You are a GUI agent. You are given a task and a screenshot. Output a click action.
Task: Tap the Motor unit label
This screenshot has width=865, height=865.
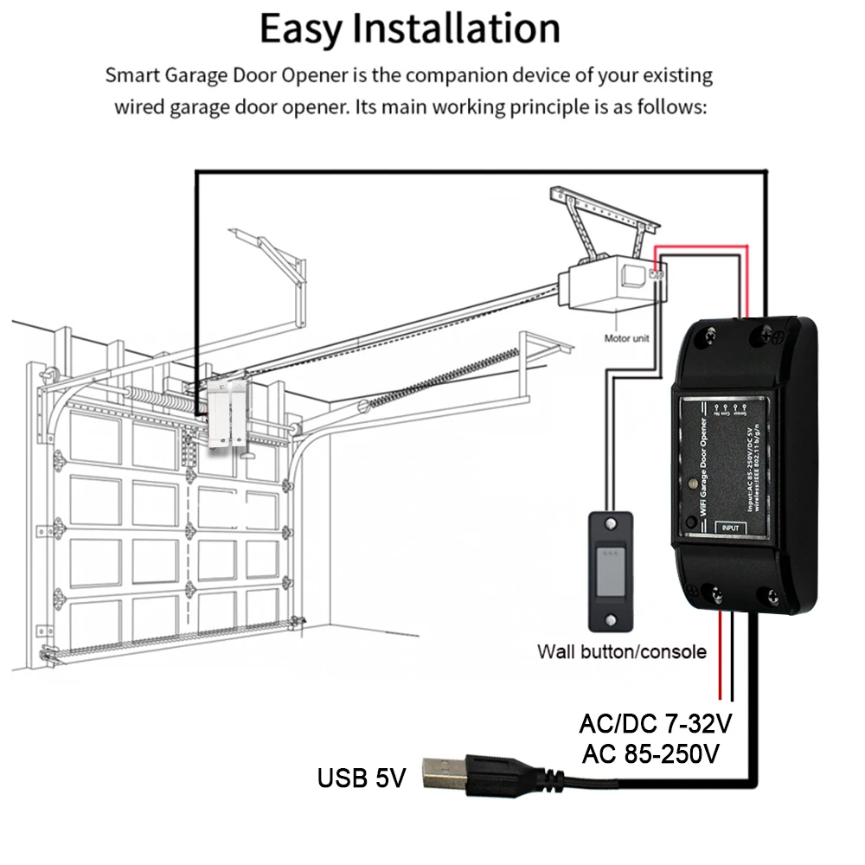626,338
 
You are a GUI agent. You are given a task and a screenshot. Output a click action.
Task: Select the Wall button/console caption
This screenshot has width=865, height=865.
621,651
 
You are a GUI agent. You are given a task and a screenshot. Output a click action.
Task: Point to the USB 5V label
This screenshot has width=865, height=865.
361,778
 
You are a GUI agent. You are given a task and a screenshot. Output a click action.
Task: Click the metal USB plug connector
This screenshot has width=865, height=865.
445,772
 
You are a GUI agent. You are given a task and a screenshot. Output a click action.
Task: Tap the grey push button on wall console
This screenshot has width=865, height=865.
612,572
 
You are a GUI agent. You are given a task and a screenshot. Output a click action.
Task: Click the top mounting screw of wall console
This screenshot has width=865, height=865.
612,524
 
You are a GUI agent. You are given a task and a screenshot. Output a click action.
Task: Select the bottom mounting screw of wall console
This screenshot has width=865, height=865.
612,619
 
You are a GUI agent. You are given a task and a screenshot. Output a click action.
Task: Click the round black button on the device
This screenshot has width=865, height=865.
689,522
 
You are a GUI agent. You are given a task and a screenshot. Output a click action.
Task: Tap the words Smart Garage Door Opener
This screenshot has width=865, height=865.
227,75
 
